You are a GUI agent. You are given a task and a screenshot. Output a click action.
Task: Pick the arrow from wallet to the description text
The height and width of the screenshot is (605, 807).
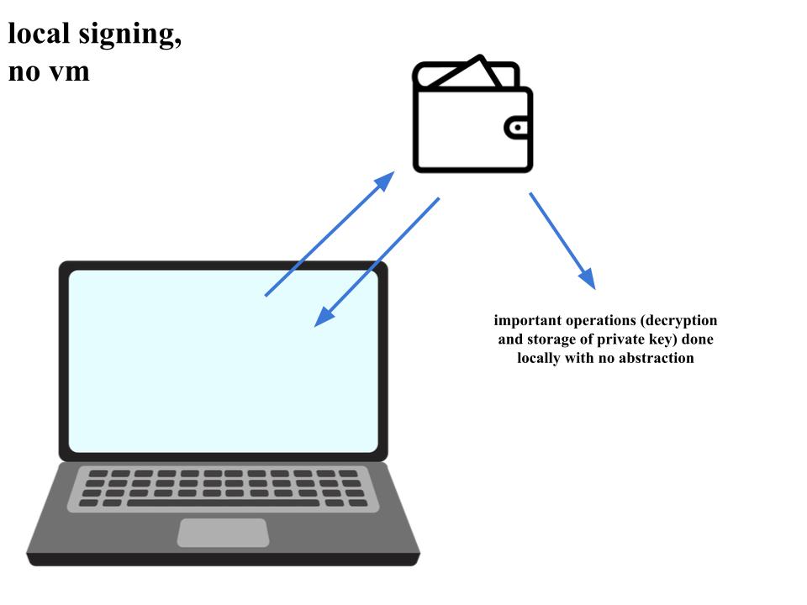tap(562, 240)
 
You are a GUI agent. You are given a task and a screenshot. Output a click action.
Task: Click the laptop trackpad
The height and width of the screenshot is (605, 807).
tap(223, 533)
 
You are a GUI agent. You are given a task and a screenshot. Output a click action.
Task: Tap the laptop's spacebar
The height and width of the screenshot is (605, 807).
tap(223, 502)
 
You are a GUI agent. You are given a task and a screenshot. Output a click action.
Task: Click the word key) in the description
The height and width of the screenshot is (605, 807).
tap(664, 339)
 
